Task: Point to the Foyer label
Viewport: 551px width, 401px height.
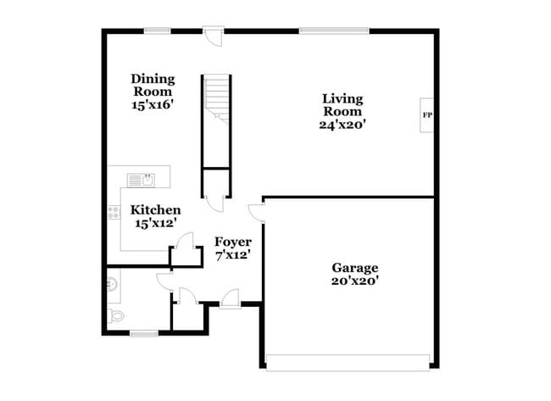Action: [231, 242]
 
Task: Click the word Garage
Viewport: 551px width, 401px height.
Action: [354, 267]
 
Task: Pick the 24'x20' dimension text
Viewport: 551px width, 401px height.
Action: [342, 125]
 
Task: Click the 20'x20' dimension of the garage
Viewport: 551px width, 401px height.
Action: [354, 281]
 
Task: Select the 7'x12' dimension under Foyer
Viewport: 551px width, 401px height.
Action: [231, 254]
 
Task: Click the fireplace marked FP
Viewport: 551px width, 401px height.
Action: [427, 114]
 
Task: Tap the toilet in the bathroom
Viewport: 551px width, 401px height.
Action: [116, 315]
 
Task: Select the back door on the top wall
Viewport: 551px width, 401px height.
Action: [213, 36]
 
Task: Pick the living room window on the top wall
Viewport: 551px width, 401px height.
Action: [333, 31]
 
